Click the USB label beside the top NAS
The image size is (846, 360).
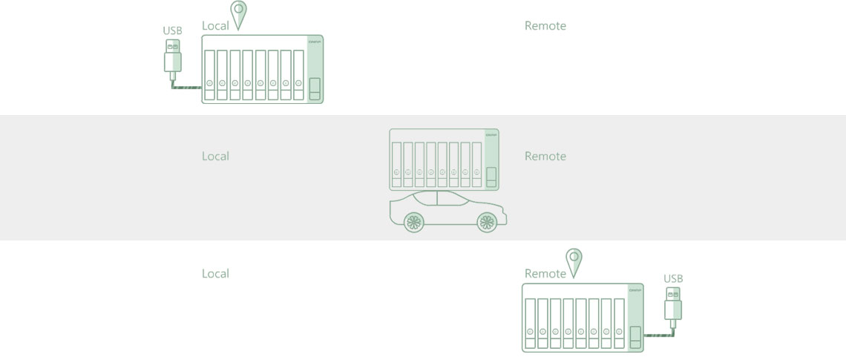tap(172, 31)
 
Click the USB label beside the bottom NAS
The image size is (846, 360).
tap(673, 279)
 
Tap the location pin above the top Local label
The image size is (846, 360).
tap(238, 15)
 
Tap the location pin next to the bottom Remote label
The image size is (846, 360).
tap(574, 262)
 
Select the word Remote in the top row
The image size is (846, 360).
tap(545, 26)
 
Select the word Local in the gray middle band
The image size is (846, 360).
tap(215, 157)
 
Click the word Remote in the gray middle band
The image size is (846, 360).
tap(545, 157)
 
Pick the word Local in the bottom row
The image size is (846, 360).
tap(215, 274)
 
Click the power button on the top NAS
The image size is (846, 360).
tap(314, 88)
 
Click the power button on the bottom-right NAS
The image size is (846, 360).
tap(635, 336)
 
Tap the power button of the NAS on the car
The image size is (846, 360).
tap(491, 178)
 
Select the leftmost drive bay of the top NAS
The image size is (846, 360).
tap(209, 74)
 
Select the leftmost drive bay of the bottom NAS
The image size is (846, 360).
tap(530, 324)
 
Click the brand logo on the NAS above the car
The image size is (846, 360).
tap(491, 134)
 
